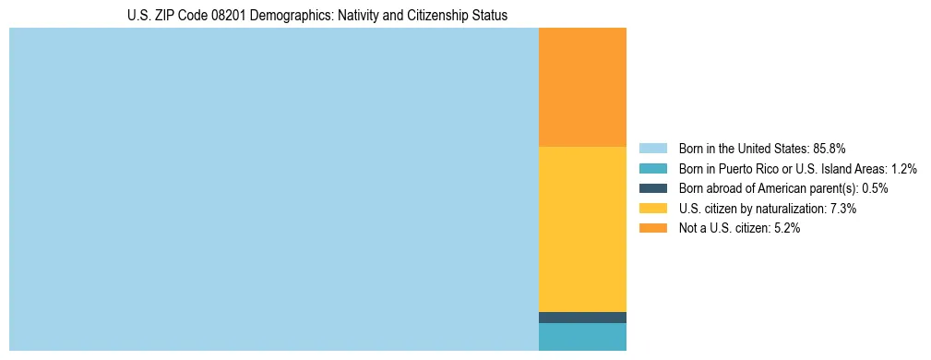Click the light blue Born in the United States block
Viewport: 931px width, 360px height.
pyautogui.click(x=273, y=189)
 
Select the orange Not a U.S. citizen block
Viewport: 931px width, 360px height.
pyautogui.click(x=582, y=88)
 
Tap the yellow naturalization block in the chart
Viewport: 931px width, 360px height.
pyautogui.click(x=582, y=229)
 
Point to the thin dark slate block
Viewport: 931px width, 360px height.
pyautogui.click(x=582, y=318)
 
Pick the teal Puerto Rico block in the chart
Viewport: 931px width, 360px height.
pyautogui.click(x=582, y=337)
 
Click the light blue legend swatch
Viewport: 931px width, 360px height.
pyautogui.click(x=652, y=149)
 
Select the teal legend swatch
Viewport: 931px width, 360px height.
pyautogui.click(x=652, y=169)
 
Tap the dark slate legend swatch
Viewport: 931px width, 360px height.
pyautogui.click(x=652, y=188)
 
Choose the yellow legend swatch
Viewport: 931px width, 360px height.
pyautogui.click(x=652, y=209)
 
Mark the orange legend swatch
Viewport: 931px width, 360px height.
pyautogui.click(x=652, y=229)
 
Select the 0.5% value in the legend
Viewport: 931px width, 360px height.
pyautogui.click(x=876, y=188)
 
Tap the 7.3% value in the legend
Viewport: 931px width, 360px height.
pyautogui.click(x=843, y=209)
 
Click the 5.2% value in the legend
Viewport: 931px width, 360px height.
pyautogui.click(x=786, y=229)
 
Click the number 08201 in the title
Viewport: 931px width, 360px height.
pyautogui.click(x=220, y=16)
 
